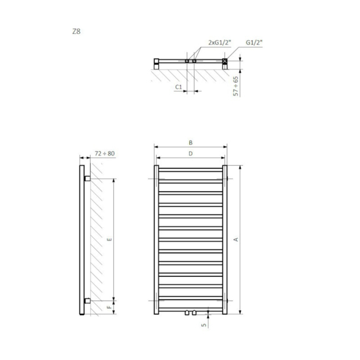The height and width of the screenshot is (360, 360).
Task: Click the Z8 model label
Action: coord(76,31)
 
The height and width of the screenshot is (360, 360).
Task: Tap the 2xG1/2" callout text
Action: coord(219,42)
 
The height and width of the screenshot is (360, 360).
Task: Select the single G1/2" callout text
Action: coord(254,42)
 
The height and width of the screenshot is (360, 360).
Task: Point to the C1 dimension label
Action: coord(178,87)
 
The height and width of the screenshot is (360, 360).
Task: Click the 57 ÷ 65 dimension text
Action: coord(236,86)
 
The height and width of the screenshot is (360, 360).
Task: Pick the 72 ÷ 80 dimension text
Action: coord(105,153)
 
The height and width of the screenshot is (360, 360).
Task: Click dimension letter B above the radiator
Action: coord(191,142)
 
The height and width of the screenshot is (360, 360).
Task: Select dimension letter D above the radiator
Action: coord(191,154)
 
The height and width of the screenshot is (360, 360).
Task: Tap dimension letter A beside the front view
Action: coord(236,239)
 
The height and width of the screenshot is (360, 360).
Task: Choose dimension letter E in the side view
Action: coord(109,239)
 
